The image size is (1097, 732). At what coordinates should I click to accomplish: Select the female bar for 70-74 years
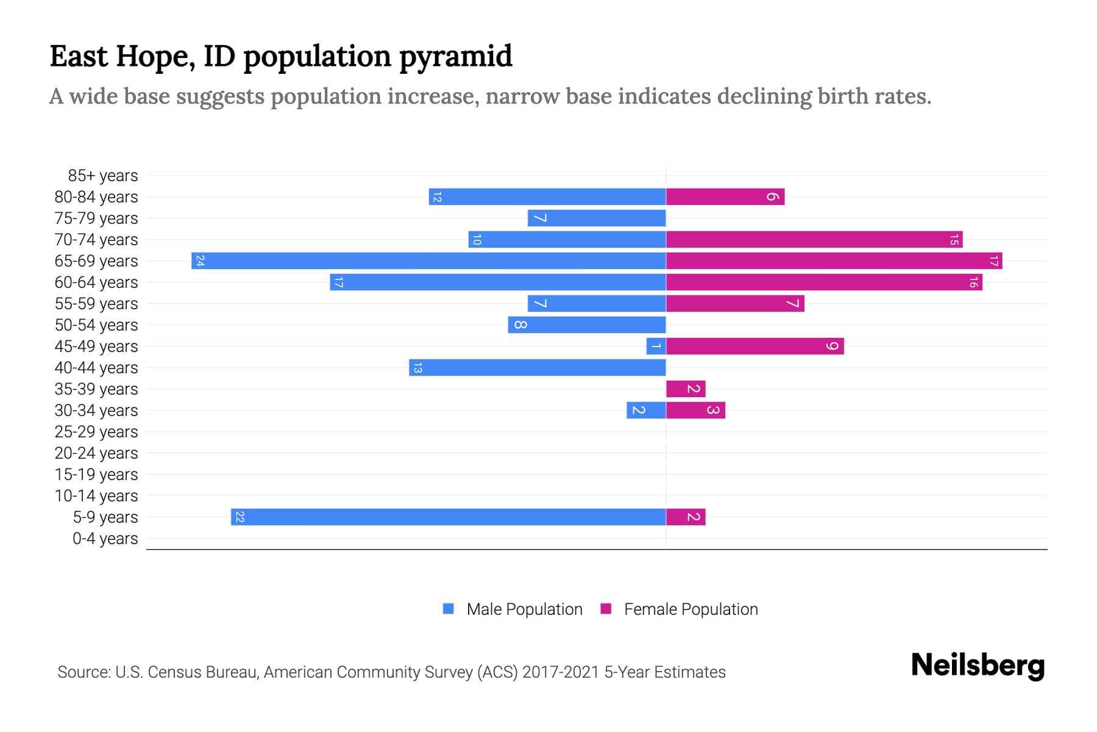[814, 240]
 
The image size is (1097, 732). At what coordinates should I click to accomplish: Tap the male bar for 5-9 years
[448, 517]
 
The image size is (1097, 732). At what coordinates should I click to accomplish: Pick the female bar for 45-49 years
[754, 346]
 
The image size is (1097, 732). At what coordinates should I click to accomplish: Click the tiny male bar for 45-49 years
[656, 346]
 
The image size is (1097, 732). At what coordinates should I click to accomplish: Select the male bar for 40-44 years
[537, 368]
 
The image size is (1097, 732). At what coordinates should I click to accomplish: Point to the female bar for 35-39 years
[686, 389]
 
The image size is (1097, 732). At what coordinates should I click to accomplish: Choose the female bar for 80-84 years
[725, 197]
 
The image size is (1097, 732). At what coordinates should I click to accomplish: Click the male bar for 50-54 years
[586, 325]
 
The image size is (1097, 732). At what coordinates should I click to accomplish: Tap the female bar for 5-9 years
[686, 517]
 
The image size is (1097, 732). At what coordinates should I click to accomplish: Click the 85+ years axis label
[103, 176]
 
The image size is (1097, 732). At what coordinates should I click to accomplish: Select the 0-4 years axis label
[105, 539]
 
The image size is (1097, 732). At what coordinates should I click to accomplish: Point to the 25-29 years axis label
[96, 432]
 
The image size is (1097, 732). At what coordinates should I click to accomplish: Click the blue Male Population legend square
[449, 609]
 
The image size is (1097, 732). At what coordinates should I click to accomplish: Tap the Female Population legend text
[691, 609]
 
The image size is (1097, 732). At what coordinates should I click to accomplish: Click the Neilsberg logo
[978, 666]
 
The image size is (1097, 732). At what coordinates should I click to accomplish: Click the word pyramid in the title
[455, 57]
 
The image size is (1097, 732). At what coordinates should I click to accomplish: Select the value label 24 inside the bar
[200, 261]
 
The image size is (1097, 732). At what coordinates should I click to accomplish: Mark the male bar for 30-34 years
[646, 411]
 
